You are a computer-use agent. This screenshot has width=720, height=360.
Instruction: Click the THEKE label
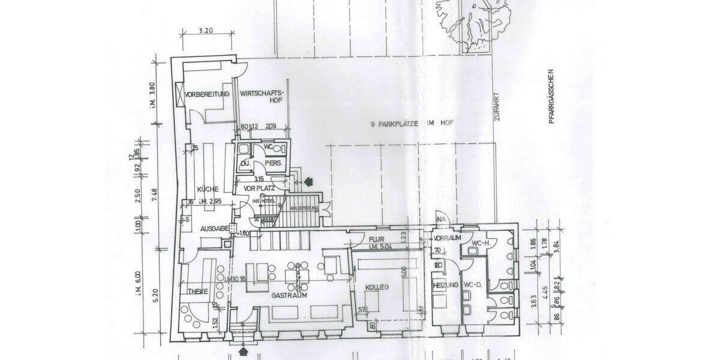[197, 291]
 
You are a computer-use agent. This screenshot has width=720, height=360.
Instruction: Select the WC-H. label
[481, 243]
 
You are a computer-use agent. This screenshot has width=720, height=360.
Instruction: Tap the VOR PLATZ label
[259, 188]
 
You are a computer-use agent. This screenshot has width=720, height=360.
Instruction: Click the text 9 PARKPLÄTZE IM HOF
[410, 124]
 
